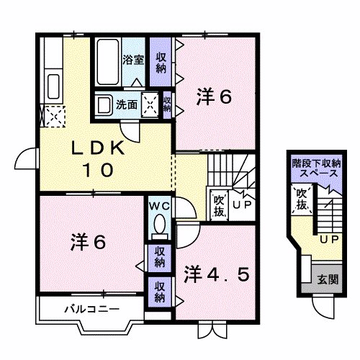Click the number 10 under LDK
(x=96, y=171)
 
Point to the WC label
(x=159, y=206)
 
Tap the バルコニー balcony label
(x=84, y=310)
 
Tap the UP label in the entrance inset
(x=328, y=238)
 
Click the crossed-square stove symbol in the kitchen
(x=52, y=114)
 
